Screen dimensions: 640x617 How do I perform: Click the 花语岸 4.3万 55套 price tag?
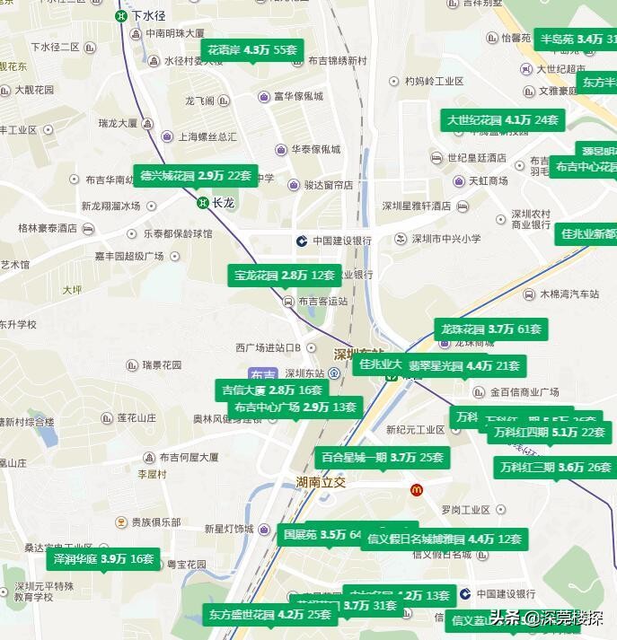(252, 49)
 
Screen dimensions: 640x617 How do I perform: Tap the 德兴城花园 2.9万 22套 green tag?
(195, 175)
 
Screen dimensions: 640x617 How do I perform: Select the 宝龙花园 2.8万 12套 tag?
(284, 275)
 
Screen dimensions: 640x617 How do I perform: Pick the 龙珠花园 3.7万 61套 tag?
(490, 329)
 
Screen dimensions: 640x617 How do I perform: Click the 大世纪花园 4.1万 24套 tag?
(503, 119)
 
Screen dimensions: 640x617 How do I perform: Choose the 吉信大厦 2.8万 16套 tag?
(270, 390)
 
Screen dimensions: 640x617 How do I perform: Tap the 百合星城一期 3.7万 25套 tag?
(383, 457)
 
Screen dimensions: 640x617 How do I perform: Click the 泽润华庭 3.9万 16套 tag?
(103, 558)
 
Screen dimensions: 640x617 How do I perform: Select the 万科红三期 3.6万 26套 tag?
(555, 467)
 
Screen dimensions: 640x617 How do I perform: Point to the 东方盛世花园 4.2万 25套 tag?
(269, 614)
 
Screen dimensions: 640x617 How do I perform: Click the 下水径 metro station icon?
(121, 15)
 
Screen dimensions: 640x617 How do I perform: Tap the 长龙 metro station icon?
(204, 203)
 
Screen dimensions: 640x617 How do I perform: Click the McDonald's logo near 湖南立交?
(417, 490)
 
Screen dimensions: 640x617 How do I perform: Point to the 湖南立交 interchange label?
(320, 482)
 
